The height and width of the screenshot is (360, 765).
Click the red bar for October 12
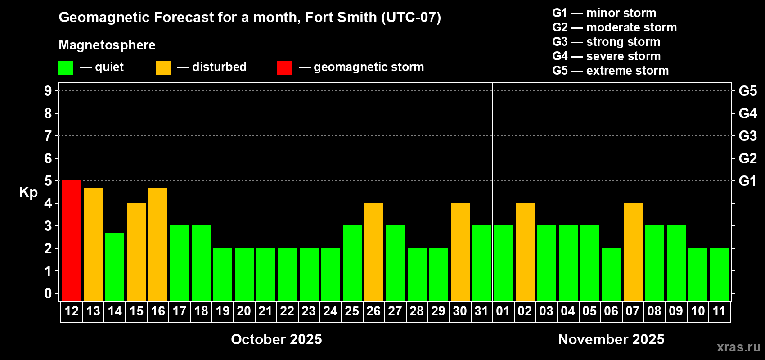[72, 240]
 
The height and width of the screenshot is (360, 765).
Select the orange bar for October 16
[158, 244]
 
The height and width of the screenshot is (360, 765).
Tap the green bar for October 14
[115, 266]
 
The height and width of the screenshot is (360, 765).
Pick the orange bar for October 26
[374, 252]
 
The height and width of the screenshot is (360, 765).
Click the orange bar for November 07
[633, 252]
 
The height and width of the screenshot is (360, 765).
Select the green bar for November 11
[720, 274]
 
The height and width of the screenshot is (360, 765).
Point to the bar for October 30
[460, 252]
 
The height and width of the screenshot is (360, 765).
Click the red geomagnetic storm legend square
[284, 68]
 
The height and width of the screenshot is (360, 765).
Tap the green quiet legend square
[66, 68]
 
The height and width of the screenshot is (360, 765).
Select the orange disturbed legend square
[163, 68]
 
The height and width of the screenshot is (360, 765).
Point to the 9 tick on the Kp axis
[48, 91]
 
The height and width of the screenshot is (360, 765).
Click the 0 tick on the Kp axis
[48, 294]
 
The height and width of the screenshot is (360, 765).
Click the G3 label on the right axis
[747, 136]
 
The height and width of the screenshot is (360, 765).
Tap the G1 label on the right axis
[747, 181]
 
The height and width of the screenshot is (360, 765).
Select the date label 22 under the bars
[287, 311]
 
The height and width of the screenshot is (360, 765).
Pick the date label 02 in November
[525, 311]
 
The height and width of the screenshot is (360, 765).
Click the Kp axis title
[28, 193]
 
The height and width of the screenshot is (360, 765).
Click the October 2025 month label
[276, 339]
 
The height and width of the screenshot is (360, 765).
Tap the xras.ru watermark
[738, 347]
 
